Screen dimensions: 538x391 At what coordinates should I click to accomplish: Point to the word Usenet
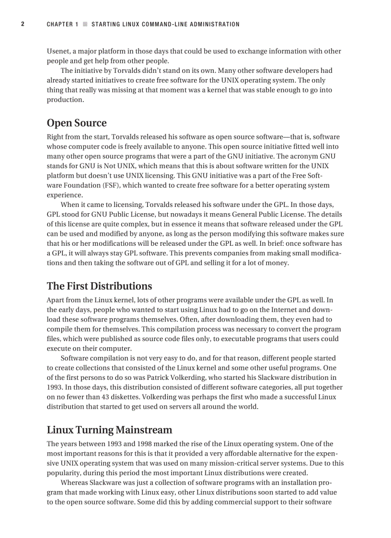pyautogui.click(x=57, y=51)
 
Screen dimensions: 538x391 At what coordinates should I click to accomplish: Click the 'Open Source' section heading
pyautogui.click(x=77, y=123)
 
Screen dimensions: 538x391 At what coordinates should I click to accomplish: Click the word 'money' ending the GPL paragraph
pyautogui.click(x=277, y=263)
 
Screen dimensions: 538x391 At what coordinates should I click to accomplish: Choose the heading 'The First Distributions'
pyautogui.click(x=99, y=286)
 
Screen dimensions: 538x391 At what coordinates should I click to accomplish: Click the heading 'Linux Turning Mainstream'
pyautogui.click(x=109, y=430)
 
